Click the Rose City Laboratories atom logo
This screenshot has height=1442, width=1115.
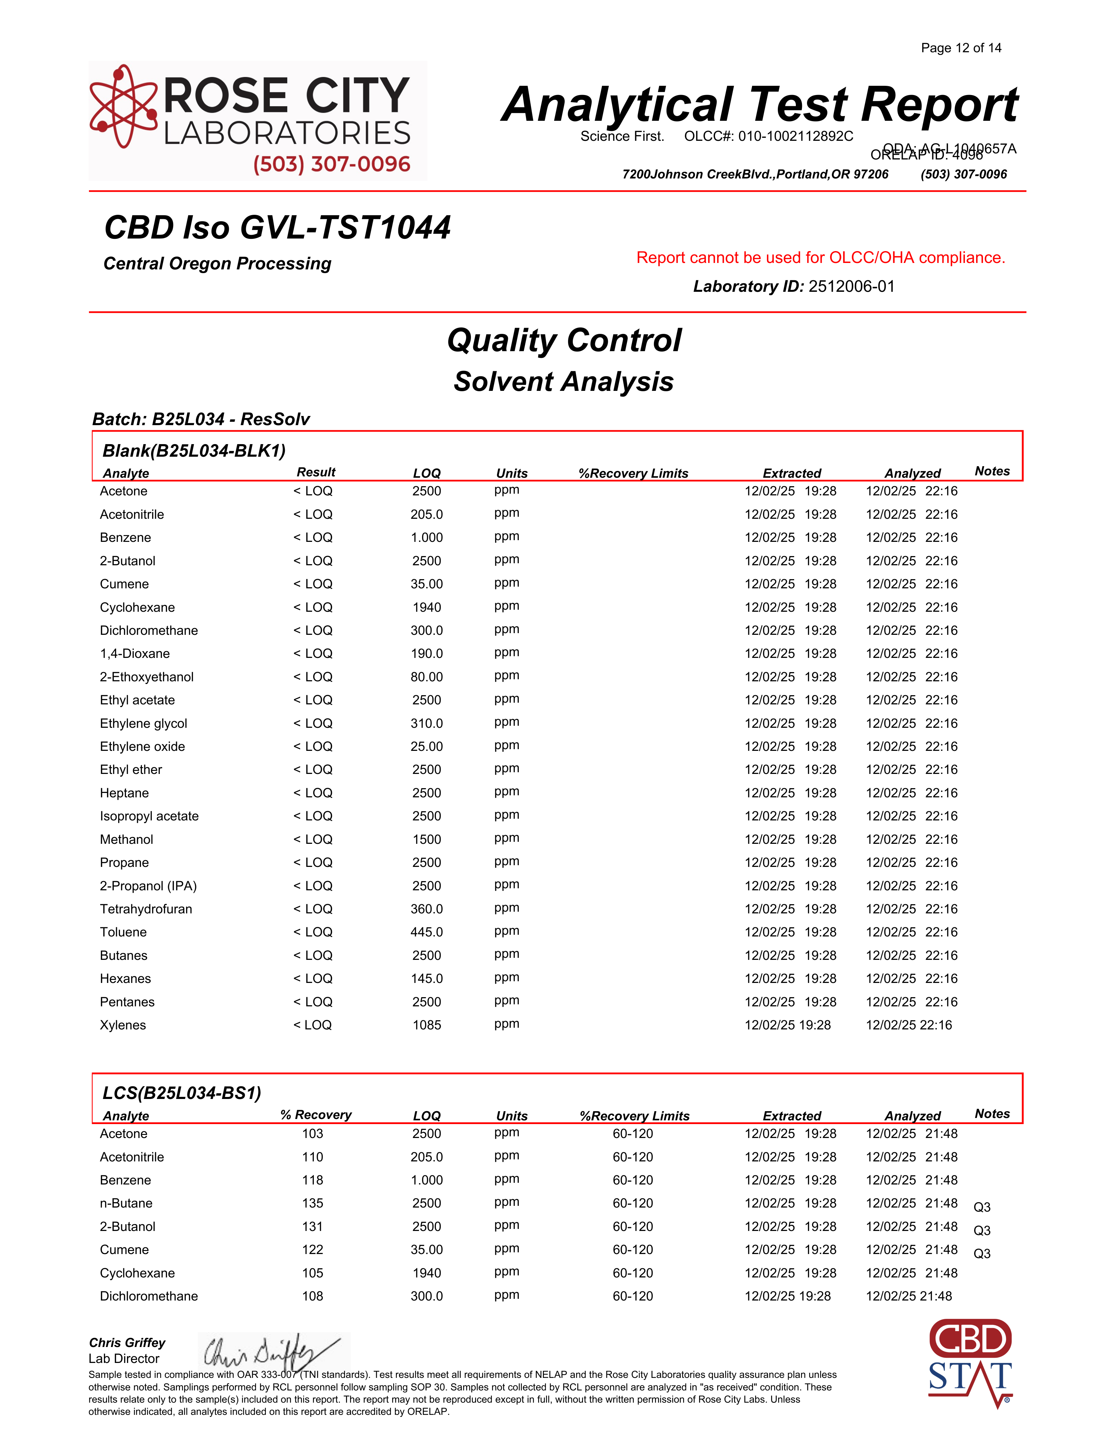(124, 106)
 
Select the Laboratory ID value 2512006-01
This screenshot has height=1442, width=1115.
(852, 287)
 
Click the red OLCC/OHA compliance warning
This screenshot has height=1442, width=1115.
(820, 258)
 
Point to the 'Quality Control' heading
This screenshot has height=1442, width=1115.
(564, 341)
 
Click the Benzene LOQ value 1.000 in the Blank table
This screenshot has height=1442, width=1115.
(427, 537)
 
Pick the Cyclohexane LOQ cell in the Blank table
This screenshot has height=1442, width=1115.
(427, 607)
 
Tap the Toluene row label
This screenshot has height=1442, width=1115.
(124, 932)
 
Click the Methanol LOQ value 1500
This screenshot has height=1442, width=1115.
(427, 839)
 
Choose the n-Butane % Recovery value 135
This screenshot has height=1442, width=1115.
(312, 1203)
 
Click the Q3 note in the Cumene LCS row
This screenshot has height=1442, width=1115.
(982, 1253)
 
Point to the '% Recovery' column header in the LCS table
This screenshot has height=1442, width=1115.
(316, 1115)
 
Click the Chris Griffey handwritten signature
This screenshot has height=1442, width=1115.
(271, 1351)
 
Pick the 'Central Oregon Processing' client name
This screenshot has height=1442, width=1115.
(217, 263)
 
